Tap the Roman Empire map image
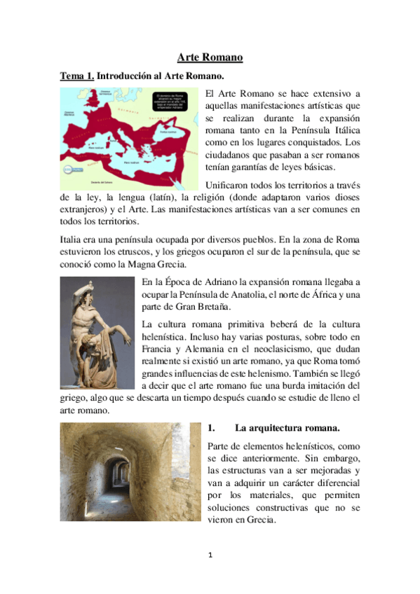click(130, 133)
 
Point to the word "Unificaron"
click(229, 185)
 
